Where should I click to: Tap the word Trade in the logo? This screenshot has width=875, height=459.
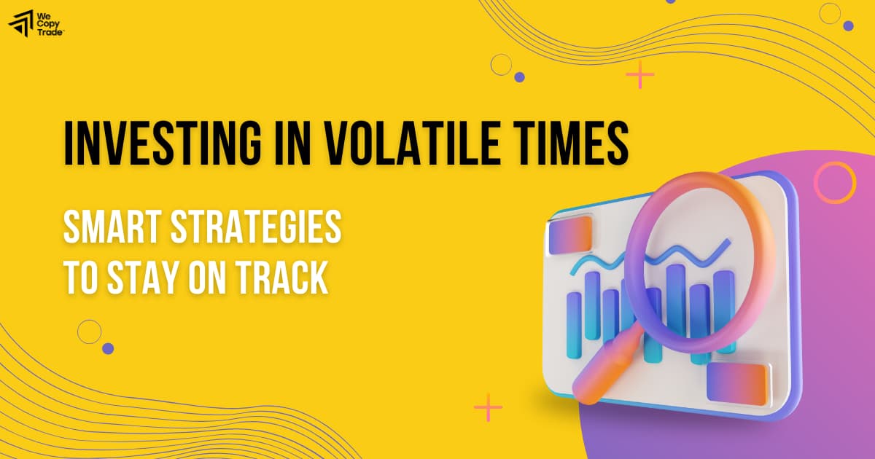tap(52, 31)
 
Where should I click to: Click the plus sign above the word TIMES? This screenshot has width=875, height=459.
tap(640, 75)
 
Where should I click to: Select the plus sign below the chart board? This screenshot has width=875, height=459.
tap(488, 407)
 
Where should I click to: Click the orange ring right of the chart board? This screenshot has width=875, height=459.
tap(834, 181)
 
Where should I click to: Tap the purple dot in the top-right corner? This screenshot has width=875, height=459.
tap(848, 25)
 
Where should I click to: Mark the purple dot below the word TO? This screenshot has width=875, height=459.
tap(108, 348)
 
